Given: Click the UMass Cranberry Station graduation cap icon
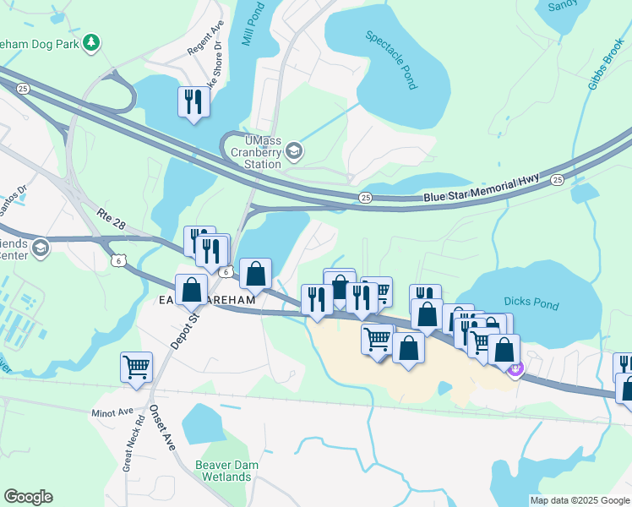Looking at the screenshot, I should pyautogui.click(x=294, y=152).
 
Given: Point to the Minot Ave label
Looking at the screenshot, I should pyautogui.click(x=113, y=413).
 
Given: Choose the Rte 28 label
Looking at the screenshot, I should pyautogui.click(x=112, y=221).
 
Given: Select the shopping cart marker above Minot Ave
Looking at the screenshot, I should pyautogui.click(x=136, y=368).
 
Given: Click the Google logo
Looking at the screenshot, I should pyautogui.click(x=28, y=497).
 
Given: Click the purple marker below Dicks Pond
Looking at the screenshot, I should pyautogui.click(x=516, y=369).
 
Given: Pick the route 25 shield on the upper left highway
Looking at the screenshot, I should pyautogui.click(x=22, y=88).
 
